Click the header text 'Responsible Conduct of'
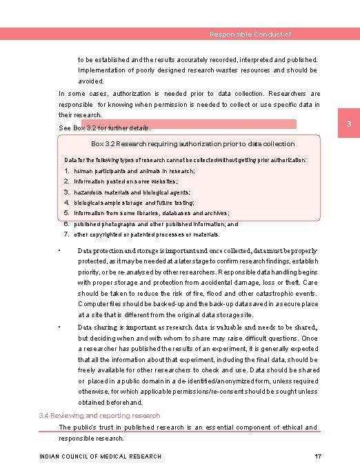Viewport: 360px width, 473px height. (x=250, y=34)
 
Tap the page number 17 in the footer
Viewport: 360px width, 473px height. (x=318, y=456)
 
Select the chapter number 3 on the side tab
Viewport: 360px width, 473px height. (x=349, y=124)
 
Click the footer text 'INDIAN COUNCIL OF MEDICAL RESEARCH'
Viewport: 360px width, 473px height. (x=101, y=456)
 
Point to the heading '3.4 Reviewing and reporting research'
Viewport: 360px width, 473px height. (x=100, y=416)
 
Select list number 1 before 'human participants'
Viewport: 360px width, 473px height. (x=66, y=170)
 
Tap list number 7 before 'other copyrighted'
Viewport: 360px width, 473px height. (x=66, y=234)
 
